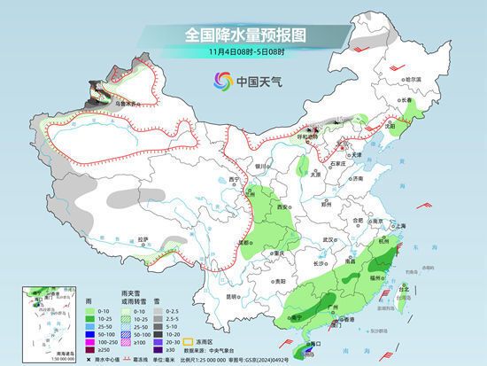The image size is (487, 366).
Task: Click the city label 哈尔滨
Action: click(413, 79)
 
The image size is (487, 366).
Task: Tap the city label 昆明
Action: click(232, 296)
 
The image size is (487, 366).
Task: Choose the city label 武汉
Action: click(329, 238)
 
